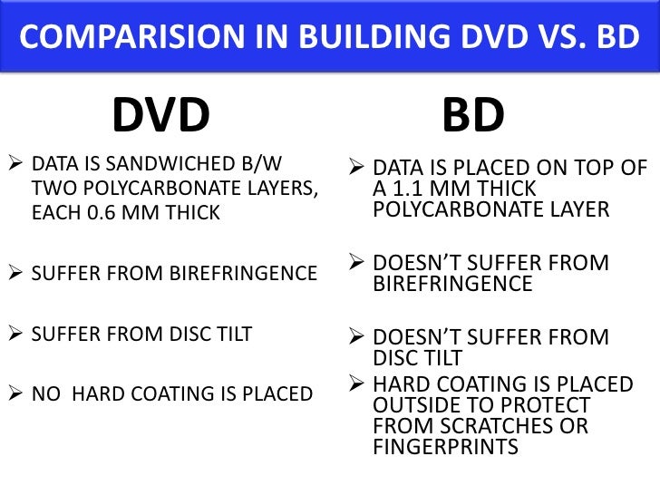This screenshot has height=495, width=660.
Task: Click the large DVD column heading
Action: point(160,115)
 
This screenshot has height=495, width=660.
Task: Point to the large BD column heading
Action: point(473,116)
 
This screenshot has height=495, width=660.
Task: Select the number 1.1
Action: point(410,189)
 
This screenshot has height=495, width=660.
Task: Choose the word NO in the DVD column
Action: point(45,394)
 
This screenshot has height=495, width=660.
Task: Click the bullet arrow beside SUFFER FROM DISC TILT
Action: point(14,335)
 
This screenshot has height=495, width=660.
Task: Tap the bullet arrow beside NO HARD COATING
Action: point(14,394)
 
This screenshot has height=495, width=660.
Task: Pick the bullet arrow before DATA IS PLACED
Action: point(356,169)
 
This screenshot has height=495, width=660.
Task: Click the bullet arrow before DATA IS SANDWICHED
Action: point(14,167)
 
